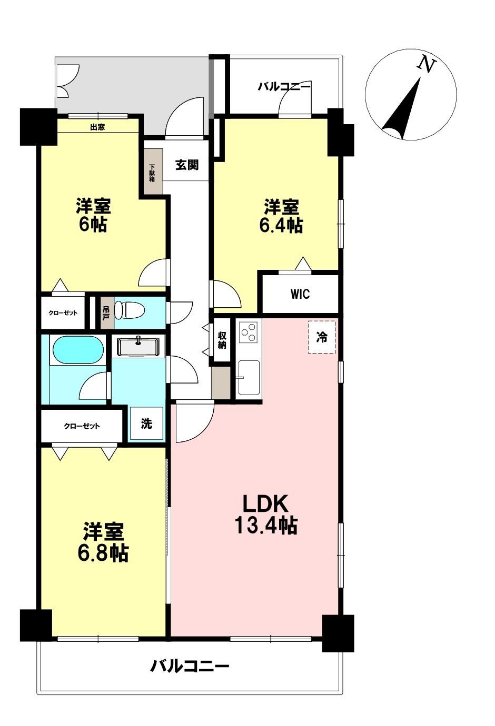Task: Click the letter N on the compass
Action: tap(426, 64)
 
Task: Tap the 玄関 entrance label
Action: tap(187, 165)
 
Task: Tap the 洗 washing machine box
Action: tap(146, 423)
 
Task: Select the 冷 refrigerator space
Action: tap(321, 337)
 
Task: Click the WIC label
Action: tap(300, 294)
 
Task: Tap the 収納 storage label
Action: tap(222, 340)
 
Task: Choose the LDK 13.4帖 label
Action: tap(265, 515)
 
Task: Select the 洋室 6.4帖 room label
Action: tap(281, 216)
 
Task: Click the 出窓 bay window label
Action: tap(97, 127)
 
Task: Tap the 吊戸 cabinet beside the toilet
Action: tap(106, 313)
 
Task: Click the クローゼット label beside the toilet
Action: tap(63, 313)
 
